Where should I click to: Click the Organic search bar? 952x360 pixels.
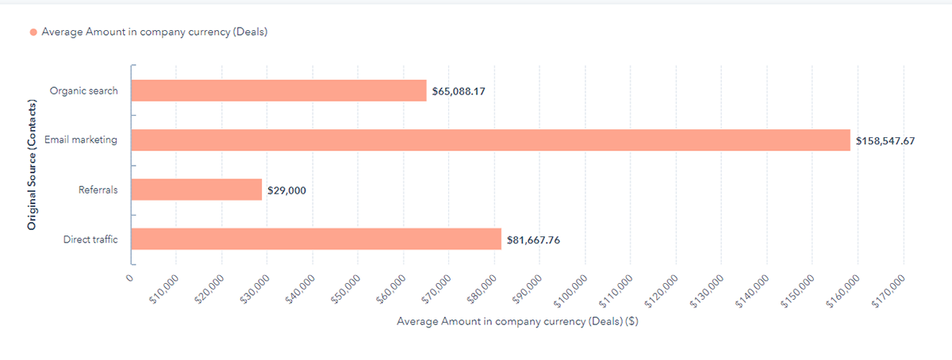(x=278, y=90)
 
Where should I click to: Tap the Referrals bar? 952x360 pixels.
(x=196, y=190)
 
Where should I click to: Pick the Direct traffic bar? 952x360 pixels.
(x=316, y=239)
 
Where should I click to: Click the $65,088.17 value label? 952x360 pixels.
(x=459, y=91)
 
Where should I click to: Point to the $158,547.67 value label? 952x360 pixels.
(x=885, y=140)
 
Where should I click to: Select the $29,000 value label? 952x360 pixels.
(x=286, y=190)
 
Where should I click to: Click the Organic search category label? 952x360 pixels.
(x=83, y=90)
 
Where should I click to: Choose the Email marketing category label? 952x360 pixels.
(x=80, y=140)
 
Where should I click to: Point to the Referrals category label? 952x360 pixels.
(x=98, y=190)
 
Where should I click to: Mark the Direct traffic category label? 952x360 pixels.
(x=90, y=239)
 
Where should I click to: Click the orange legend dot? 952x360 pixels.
(x=33, y=33)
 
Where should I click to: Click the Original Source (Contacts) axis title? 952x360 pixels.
(x=33, y=165)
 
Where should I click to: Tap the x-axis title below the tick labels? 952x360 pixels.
(x=518, y=321)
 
